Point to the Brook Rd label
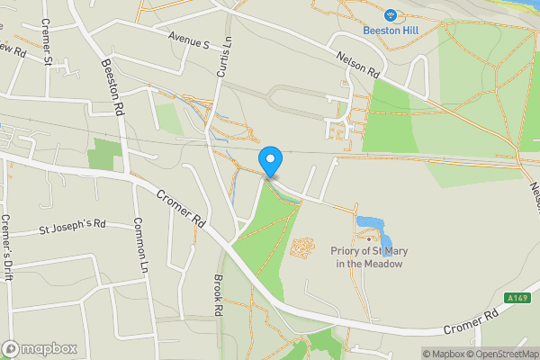pyautogui.click(x=218, y=294)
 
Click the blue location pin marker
pyautogui.click(x=270, y=161)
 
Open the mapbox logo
pyautogui.click(x=39, y=348)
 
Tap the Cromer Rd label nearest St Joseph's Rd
pyautogui.click(x=181, y=208)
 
